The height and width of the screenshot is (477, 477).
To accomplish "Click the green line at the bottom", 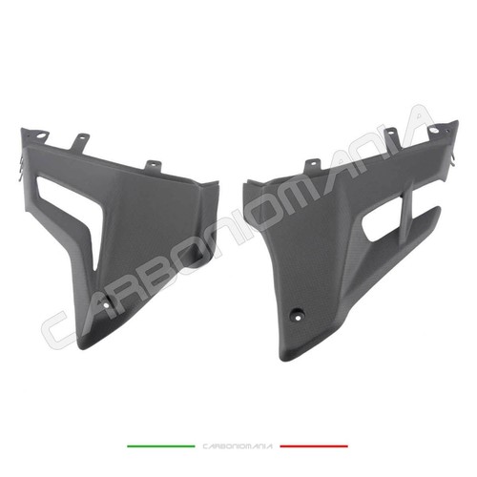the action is pyautogui.click(x=161, y=446).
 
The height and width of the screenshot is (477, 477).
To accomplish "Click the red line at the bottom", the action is pyautogui.click(x=314, y=446).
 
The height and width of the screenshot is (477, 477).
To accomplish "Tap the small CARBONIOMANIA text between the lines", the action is pyautogui.click(x=238, y=446).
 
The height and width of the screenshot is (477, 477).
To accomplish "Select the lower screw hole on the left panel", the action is pyautogui.click(x=107, y=304).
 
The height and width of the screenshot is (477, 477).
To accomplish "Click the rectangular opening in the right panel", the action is pyautogui.click(x=380, y=226).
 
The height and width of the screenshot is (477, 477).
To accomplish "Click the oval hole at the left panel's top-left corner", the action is pyautogui.click(x=41, y=135).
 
